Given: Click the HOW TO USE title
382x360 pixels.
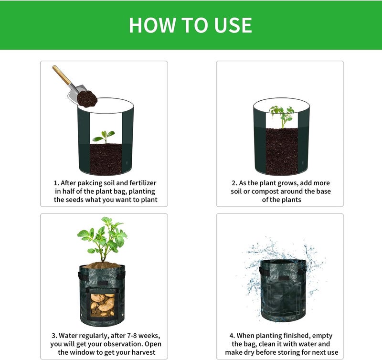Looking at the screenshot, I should [x=191, y=25].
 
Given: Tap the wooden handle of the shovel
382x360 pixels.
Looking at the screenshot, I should [x=62, y=75].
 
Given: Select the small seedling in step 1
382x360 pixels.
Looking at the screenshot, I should [x=104, y=137].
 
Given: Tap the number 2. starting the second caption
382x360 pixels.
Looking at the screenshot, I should [x=234, y=183].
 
